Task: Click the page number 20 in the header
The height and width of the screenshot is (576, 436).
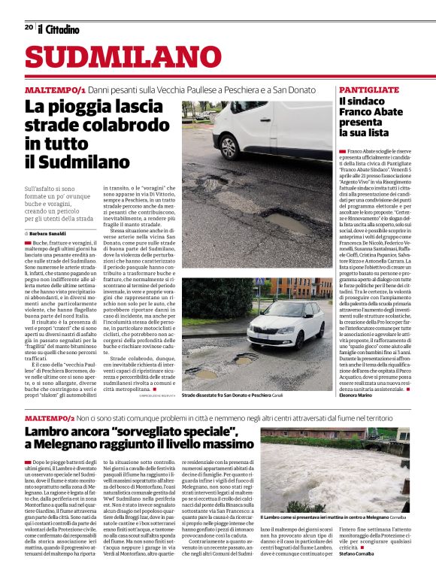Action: pyautogui.click(x=29, y=27)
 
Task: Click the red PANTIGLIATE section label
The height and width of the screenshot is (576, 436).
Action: pyautogui.click(x=369, y=89)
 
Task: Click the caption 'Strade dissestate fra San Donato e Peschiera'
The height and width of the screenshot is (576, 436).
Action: pyautogui.click(x=226, y=394)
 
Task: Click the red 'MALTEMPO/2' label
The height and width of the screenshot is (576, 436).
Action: pyautogui.click(x=52, y=417)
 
